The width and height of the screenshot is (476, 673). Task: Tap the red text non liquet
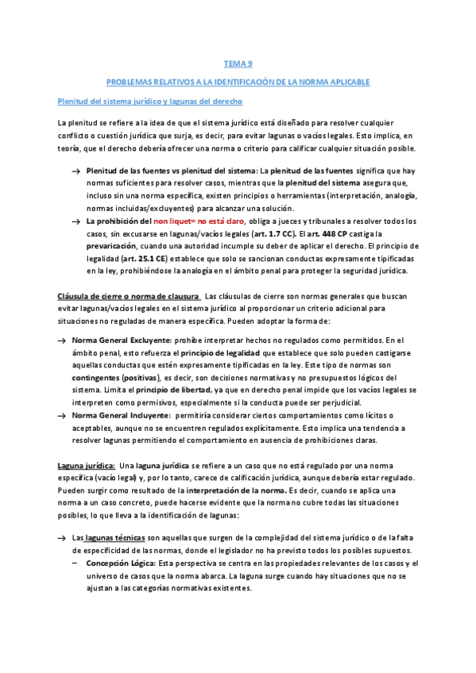169,220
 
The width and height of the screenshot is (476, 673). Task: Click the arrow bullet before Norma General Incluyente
61,416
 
